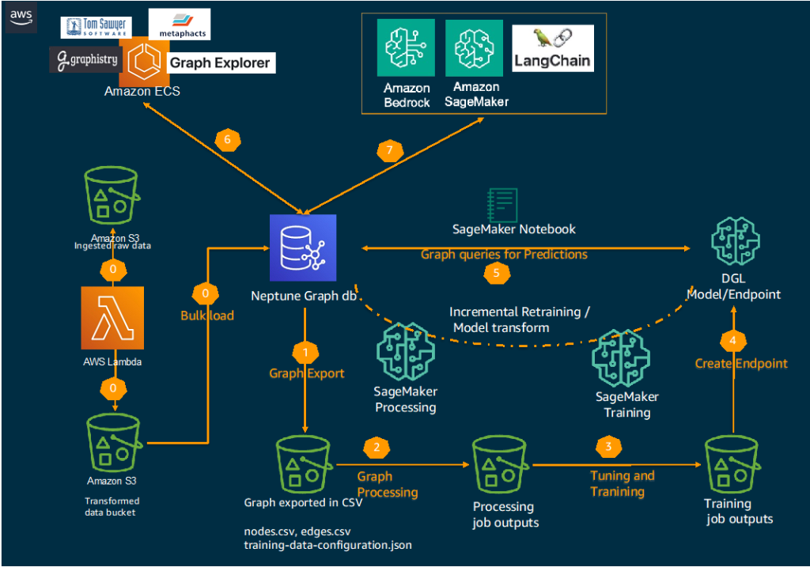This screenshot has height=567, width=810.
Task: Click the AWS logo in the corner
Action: [x=20, y=17]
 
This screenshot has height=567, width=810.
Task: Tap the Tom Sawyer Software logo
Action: [x=94, y=28]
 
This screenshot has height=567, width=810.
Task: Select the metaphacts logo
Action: [x=179, y=25]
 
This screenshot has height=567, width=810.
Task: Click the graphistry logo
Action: [x=85, y=59]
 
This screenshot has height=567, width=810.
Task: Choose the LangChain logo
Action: [x=553, y=48]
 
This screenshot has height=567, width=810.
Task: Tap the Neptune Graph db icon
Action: [x=302, y=248]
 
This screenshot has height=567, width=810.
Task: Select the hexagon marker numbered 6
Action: [x=227, y=139]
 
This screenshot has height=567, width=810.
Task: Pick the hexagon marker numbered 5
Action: [x=497, y=273]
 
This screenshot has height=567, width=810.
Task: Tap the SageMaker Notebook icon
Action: [x=503, y=204]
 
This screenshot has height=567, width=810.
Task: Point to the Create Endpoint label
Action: [x=740, y=363]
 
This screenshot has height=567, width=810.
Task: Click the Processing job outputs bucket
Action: [x=503, y=466]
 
